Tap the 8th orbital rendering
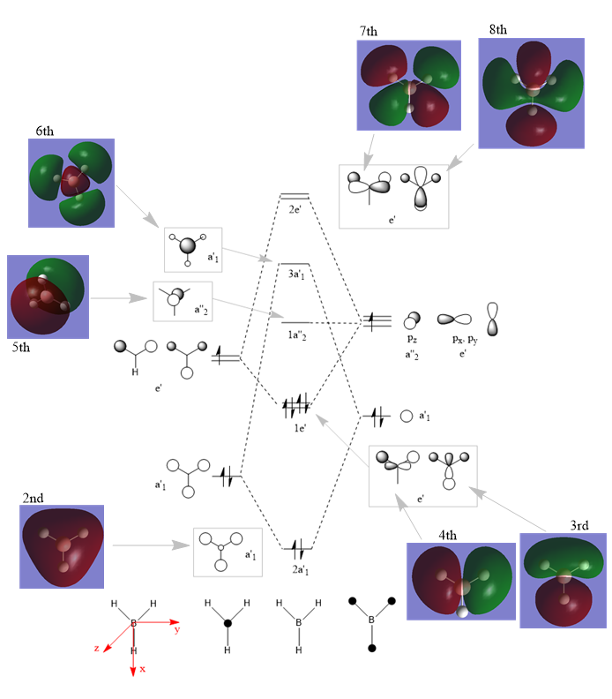(x=532, y=92)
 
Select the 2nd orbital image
(x=62, y=546)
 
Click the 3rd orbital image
(x=563, y=580)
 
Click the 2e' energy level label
(x=295, y=210)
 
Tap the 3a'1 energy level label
(x=295, y=275)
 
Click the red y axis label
(x=177, y=629)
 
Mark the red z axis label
(x=96, y=648)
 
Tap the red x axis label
(x=142, y=670)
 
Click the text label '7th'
(x=369, y=32)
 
